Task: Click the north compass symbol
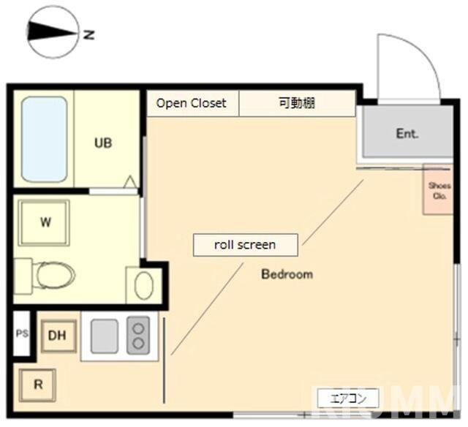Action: (52, 32)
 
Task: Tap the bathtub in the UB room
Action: (44, 139)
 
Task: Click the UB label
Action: (103, 143)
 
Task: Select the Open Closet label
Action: (192, 103)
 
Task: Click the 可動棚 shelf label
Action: (296, 103)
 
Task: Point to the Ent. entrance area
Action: (406, 134)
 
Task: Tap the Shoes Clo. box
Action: (439, 190)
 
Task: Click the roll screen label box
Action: (245, 245)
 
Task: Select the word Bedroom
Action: (287, 274)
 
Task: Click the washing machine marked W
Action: (45, 223)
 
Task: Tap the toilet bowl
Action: (53, 276)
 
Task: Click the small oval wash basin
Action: (143, 285)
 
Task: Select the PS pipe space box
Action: (22, 334)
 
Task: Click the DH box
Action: (58, 336)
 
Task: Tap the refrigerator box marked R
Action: (37, 384)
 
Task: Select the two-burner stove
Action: (137, 336)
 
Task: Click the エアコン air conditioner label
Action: (348, 398)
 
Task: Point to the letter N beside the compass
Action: (88, 34)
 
